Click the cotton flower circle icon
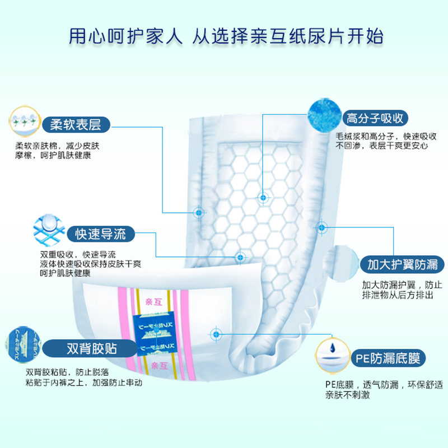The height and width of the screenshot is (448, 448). (24, 120)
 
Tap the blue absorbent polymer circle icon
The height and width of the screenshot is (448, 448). (324, 116)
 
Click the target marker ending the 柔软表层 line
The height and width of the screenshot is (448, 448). (198, 212)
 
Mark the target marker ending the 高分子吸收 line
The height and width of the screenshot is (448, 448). (262, 198)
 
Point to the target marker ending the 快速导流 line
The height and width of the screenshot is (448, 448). (241, 257)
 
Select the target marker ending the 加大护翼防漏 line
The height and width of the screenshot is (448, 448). (321, 227)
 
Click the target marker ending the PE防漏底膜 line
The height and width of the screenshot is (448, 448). (216, 334)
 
